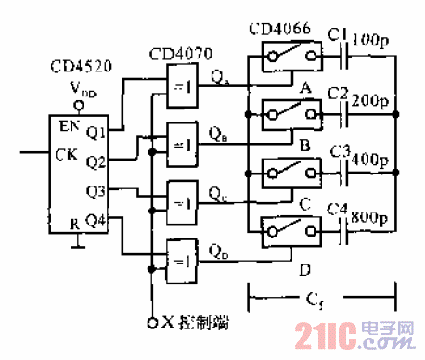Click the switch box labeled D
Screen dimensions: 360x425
[x=285, y=227]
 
